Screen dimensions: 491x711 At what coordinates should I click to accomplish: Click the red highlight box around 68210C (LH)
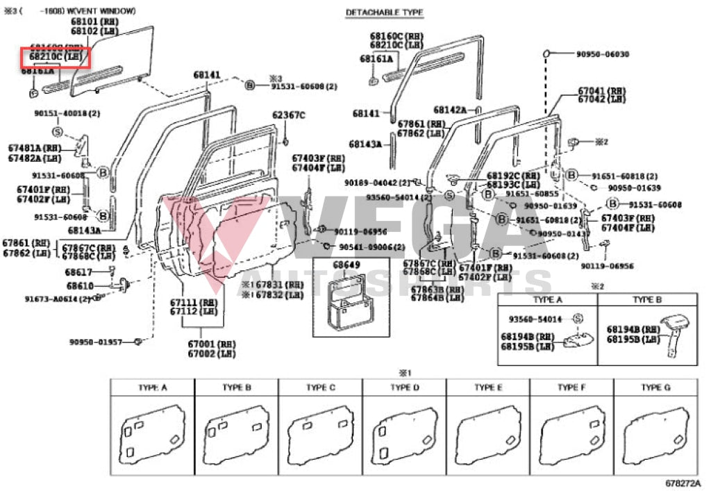55,58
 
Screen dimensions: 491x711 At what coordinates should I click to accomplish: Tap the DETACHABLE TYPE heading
384,13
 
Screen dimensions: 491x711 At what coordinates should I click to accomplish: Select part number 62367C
288,115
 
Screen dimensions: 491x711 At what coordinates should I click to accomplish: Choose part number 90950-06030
602,54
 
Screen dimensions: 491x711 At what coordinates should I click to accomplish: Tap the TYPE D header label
403,388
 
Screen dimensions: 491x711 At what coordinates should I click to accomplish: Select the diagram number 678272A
683,483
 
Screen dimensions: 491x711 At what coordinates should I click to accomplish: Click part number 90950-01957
95,342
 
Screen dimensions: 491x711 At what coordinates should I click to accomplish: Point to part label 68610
80,285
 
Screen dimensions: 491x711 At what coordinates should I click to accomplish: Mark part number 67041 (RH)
601,91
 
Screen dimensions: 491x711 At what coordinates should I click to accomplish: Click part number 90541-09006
372,247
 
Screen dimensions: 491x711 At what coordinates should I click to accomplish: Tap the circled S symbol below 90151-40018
57,131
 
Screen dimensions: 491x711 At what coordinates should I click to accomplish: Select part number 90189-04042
377,183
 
